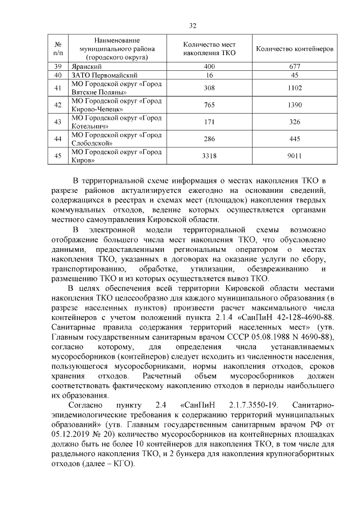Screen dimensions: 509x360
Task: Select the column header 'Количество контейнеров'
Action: point(294,49)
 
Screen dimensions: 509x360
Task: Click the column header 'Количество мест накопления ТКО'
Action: point(209,49)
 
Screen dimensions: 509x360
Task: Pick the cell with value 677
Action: point(294,66)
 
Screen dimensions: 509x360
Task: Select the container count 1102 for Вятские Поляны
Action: point(294,88)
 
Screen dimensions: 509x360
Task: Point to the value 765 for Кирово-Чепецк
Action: point(209,105)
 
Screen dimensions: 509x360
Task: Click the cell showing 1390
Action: point(294,105)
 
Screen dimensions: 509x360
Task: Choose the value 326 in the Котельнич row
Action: point(294,122)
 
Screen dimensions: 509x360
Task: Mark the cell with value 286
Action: point(209,139)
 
